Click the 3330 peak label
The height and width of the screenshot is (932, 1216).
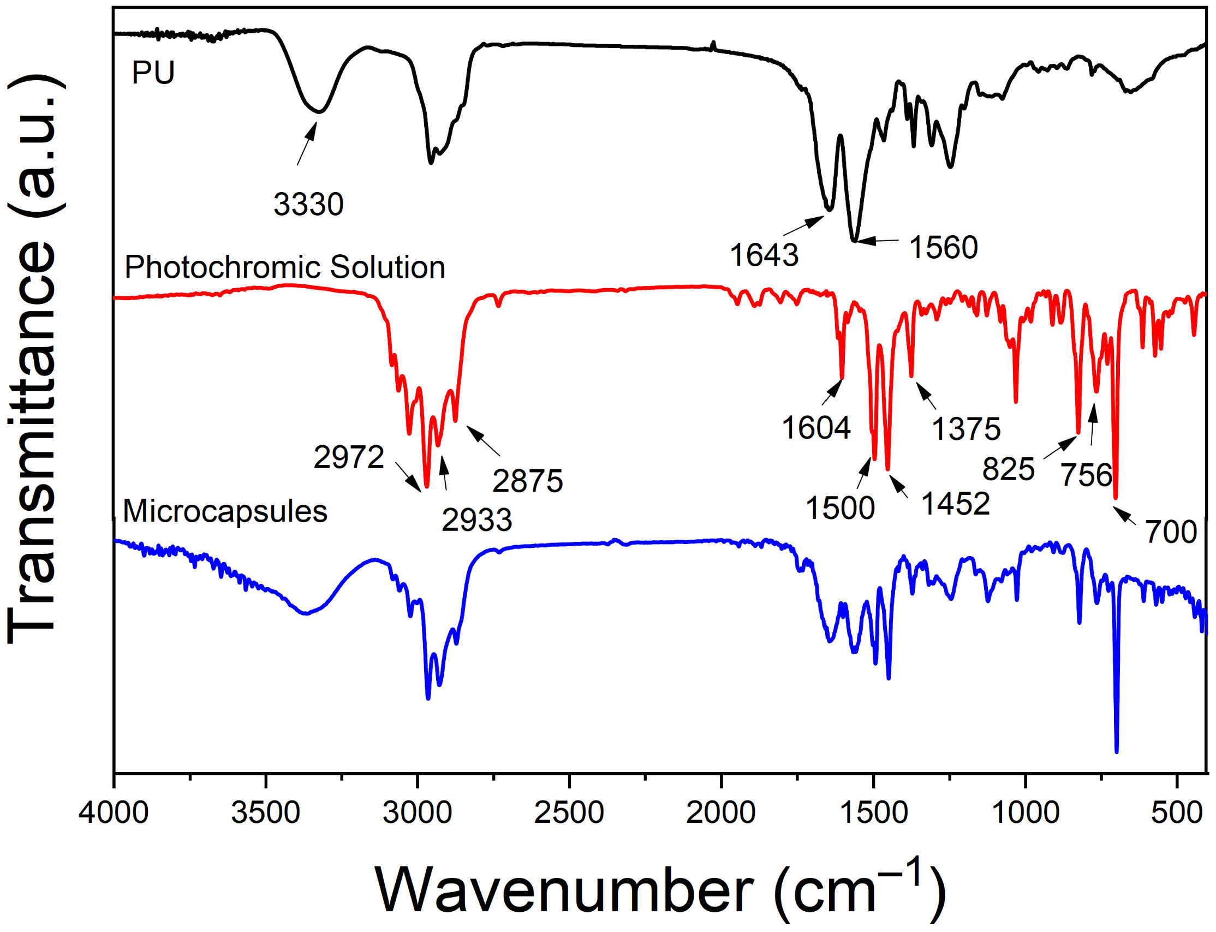(308, 205)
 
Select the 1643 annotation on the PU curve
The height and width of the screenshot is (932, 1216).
(764, 255)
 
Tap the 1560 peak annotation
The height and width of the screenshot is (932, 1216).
(943, 247)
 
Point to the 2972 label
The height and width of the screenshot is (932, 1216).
(349, 458)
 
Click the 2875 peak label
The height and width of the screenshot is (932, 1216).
(528, 481)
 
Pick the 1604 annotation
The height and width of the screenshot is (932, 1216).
(816, 428)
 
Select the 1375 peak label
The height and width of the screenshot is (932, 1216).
(966, 429)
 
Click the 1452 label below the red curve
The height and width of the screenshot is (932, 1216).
(955, 504)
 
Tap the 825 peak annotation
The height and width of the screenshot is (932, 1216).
(1008, 469)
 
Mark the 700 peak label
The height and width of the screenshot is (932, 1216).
(1171, 533)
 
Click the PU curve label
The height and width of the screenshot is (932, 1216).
(153, 73)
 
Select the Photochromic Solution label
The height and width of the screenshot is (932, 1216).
(284, 267)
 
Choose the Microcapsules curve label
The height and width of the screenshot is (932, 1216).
(225, 511)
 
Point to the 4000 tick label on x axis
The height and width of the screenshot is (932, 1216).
(114, 814)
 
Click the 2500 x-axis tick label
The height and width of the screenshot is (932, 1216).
(569, 814)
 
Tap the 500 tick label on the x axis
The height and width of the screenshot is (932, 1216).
(1176, 814)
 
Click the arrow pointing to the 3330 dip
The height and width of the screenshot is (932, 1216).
(307, 144)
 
